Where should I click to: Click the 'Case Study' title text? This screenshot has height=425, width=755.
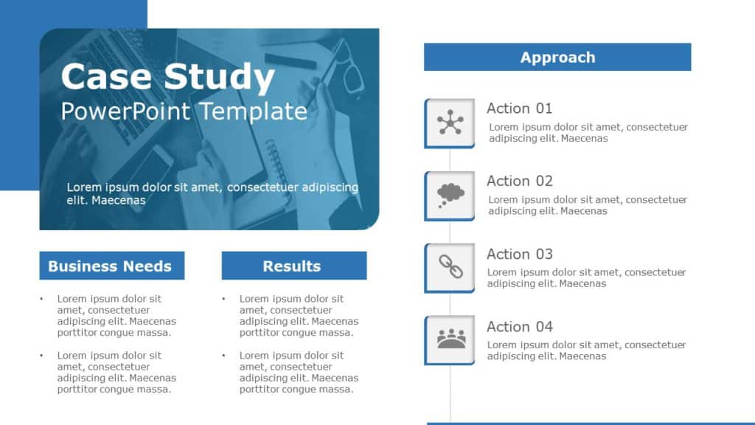tap(167, 77)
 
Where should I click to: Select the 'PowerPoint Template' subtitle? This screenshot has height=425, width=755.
tap(184, 111)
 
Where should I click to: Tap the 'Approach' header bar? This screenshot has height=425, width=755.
tap(557, 57)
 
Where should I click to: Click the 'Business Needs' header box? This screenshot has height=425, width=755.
tap(111, 266)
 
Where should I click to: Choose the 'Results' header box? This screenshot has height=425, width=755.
tap(293, 266)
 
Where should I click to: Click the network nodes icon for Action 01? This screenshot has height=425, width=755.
tap(450, 122)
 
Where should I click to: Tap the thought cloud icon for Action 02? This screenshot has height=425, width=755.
tap(450, 195)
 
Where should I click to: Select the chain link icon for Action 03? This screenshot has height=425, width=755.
tap(450, 267)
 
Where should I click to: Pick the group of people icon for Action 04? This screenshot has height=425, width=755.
tap(450, 339)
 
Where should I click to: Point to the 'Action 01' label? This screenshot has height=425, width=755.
tap(519, 108)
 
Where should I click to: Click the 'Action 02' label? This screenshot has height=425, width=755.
tap(519, 181)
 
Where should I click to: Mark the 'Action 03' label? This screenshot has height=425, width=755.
tap(519, 254)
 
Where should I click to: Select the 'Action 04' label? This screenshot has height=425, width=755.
tap(519, 326)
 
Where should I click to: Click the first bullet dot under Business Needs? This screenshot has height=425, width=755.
tap(41, 300)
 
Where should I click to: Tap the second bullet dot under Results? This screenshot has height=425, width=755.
tap(223, 356)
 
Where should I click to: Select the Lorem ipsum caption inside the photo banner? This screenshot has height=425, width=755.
tap(212, 193)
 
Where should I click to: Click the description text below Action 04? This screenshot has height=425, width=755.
tap(587, 350)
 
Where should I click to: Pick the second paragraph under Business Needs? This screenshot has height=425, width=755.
tap(116, 372)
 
